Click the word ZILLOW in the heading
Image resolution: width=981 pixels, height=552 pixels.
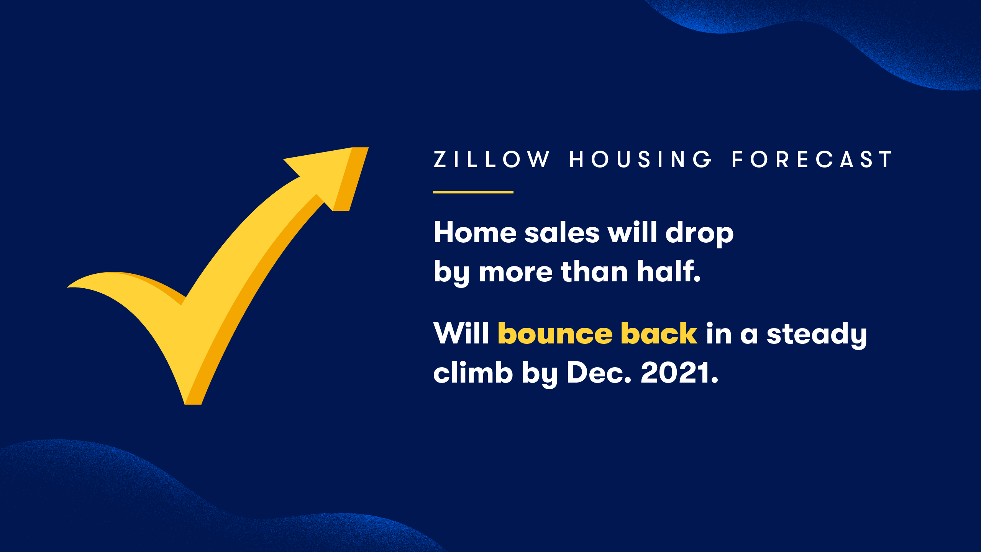[x=492, y=159]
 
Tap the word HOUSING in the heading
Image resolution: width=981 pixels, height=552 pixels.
[x=641, y=159]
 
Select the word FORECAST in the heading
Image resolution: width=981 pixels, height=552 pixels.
[x=812, y=159]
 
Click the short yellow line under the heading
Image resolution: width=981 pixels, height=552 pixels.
[x=473, y=192]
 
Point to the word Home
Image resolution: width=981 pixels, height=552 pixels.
[x=475, y=232]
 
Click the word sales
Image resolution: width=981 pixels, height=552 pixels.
[x=562, y=232]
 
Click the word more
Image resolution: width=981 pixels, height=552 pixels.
[x=516, y=273]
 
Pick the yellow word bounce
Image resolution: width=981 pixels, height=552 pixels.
[x=555, y=333]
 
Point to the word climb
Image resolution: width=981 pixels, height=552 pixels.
[x=473, y=372]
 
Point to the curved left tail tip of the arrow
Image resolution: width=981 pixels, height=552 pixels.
[x=67, y=287]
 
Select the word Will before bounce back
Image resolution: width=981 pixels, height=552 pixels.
[x=461, y=333]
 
